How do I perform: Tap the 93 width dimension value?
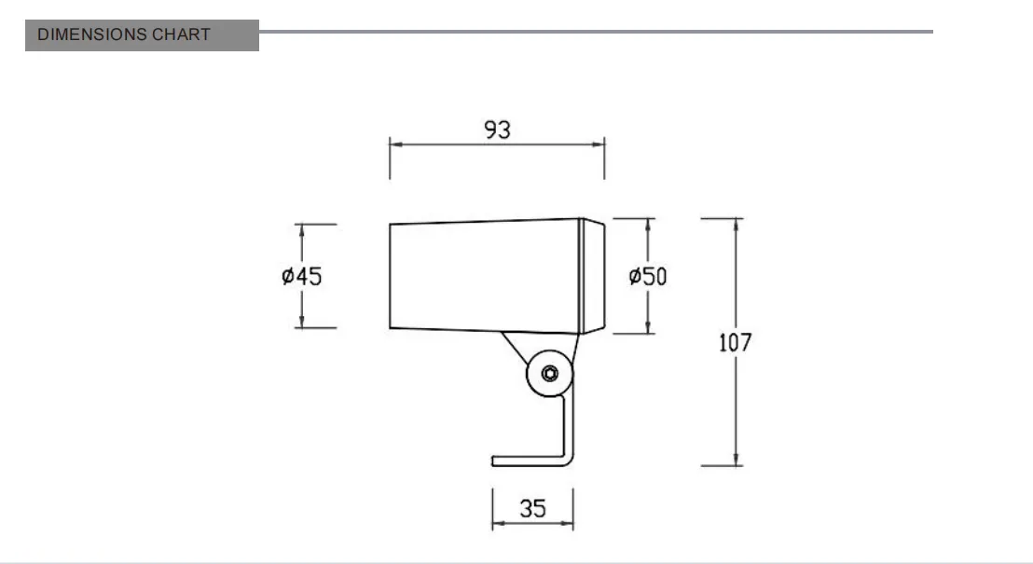coord(498,130)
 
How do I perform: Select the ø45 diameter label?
coord(302,276)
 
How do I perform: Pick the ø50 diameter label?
coord(648,276)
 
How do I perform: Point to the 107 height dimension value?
coord(736,343)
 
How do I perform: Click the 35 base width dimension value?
coord(532,508)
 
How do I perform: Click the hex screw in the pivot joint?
coord(549,374)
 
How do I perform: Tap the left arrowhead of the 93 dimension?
coord(395,144)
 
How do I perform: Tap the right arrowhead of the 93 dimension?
coord(599,144)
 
